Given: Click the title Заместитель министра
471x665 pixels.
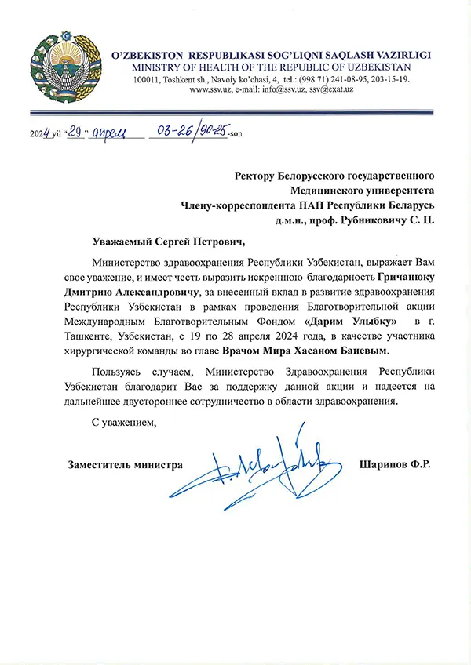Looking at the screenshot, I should [126, 465].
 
